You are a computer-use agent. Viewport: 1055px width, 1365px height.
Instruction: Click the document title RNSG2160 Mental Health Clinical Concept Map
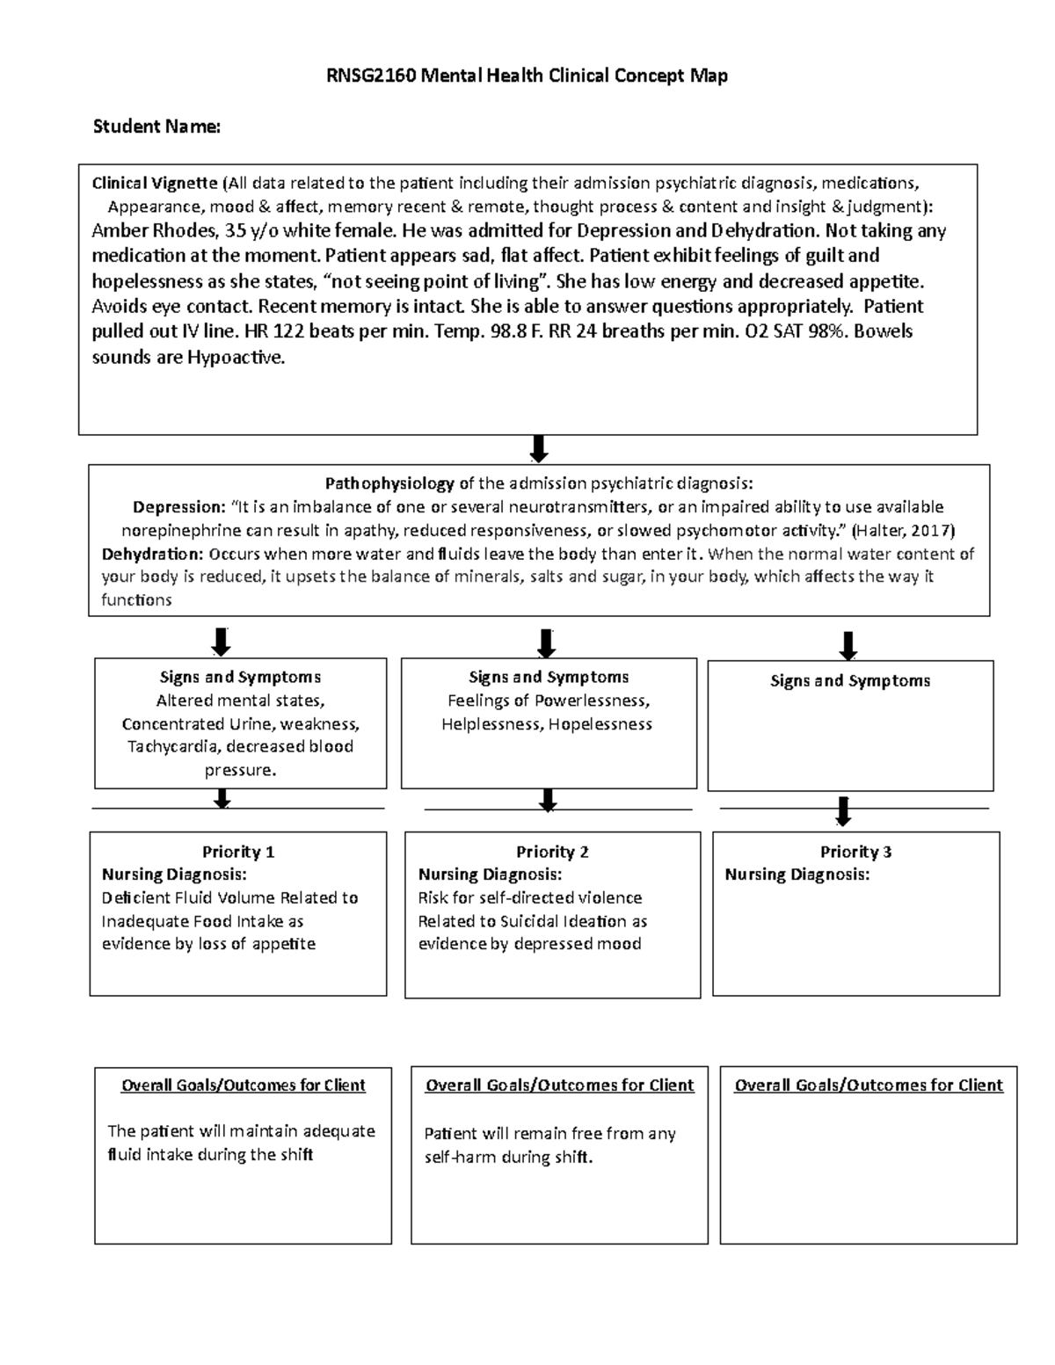527,76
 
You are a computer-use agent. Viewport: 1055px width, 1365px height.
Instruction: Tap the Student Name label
156,127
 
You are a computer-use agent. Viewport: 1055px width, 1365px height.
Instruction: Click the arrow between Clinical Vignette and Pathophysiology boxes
539,448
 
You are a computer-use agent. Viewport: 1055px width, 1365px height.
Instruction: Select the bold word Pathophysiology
389,483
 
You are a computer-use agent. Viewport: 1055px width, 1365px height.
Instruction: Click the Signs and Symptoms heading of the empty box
849,681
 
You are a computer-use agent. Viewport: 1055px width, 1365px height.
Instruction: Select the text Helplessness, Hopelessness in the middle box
547,724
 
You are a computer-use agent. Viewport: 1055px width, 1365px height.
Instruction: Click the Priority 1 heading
238,852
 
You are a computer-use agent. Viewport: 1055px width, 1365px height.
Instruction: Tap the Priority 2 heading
552,852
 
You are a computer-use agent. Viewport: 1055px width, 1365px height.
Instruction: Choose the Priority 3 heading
855,852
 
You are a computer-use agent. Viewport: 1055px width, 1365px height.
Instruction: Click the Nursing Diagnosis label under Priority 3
797,875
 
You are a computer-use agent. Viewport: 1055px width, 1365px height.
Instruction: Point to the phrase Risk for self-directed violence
529,898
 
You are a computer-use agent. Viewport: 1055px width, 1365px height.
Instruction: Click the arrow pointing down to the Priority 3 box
843,811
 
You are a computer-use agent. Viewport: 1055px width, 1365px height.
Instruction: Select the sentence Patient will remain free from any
549,1134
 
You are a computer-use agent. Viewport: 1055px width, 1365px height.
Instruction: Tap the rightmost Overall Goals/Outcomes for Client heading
868,1085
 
